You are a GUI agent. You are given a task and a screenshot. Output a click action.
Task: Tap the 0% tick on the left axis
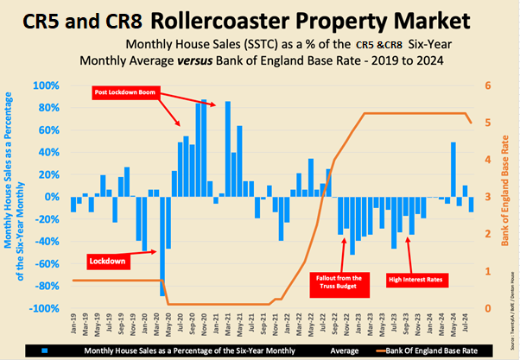coord(54,197)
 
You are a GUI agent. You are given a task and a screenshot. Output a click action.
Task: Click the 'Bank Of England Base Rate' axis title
coord(504,197)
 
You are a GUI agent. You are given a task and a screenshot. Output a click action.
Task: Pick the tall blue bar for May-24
coord(453,169)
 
